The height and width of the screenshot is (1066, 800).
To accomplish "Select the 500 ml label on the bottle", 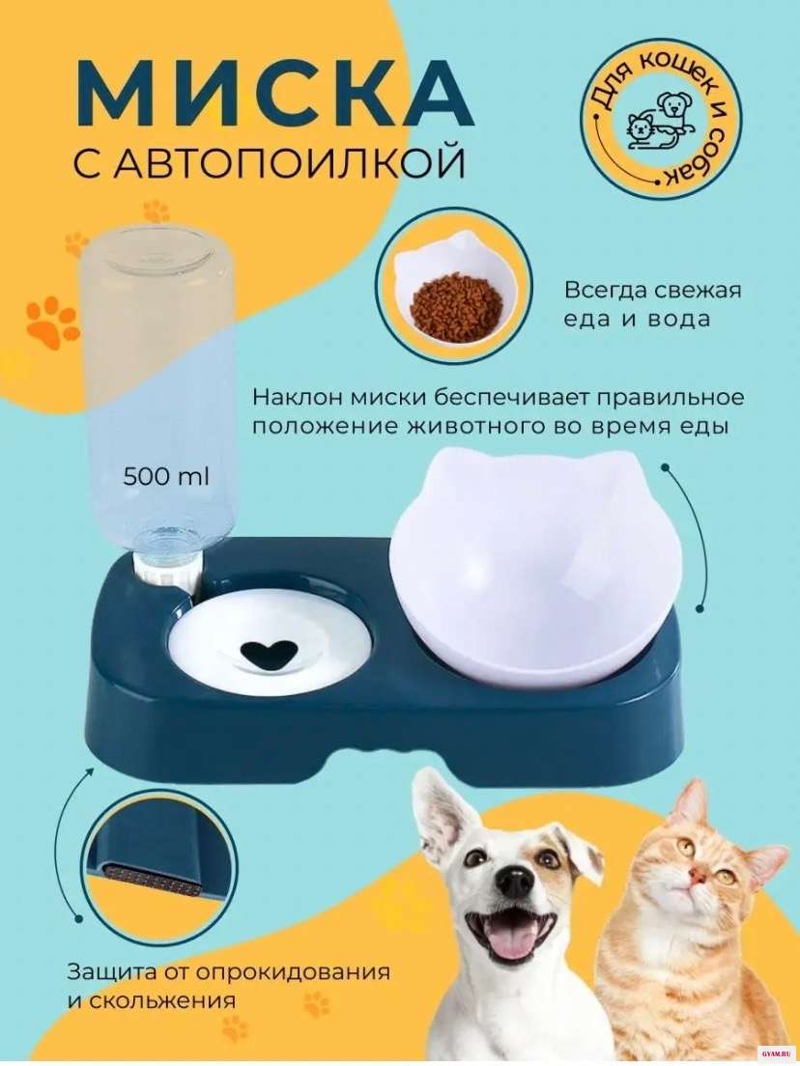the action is click(x=166, y=476).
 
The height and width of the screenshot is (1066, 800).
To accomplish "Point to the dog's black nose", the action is click(x=514, y=881).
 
